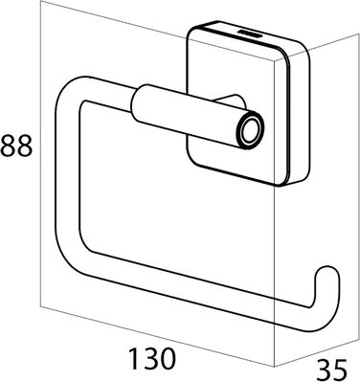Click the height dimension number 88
point(16,146)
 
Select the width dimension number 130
point(152,358)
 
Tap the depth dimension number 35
point(331,371)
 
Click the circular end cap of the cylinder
point(251,131)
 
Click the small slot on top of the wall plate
point(249,34)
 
